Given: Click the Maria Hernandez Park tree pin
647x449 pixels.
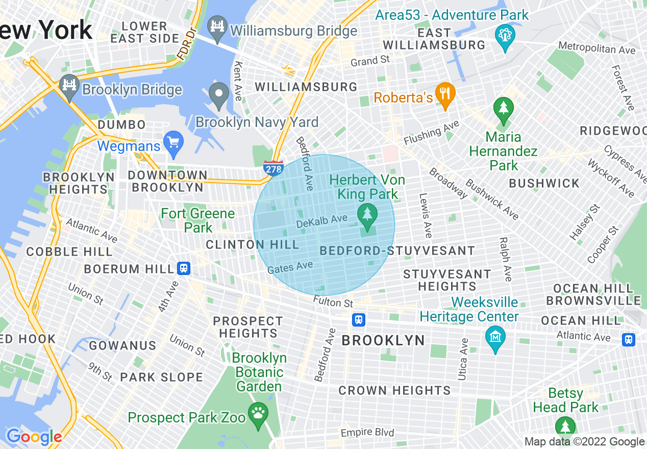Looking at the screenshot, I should pyautogui.click(x=504, y=109).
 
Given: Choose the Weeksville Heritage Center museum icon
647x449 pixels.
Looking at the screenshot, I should pyautogui.click(x=495, y=337).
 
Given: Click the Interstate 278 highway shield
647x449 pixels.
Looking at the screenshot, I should pyautogui.click(x=273, y=168).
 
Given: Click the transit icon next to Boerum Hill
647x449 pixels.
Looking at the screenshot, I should pyautogui.click(x=184, y=268).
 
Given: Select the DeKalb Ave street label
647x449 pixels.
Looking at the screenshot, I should pyautogui.click(x=321, y=221).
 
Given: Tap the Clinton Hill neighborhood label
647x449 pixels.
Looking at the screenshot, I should pyautogui.click(x=253, y=245).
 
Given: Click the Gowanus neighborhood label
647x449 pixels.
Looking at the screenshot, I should pyautogui.click(x=122, y=346).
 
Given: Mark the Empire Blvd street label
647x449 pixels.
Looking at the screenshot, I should pyautogui.click(x=367, y=433).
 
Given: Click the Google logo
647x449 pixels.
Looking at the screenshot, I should pyautogui.click(x=34, y=437).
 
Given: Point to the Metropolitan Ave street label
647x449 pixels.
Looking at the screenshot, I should pyautogui.click(x=597, y=49).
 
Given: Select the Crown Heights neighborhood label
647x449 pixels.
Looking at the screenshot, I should pyautogui.click(x=395, y=391).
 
